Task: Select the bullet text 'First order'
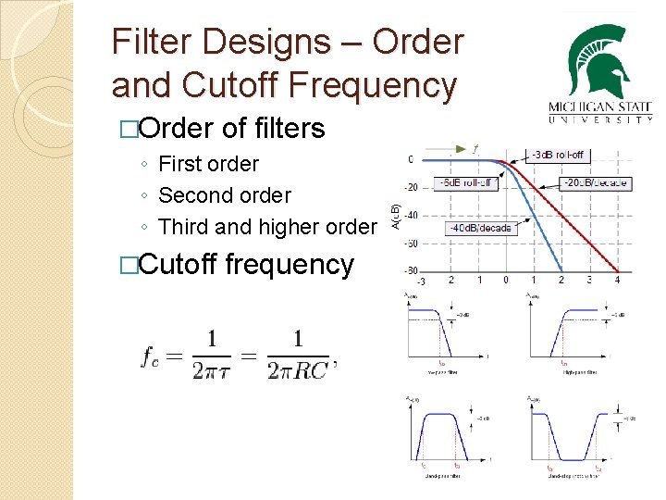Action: click(208, 165)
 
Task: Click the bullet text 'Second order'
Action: click(224, 195)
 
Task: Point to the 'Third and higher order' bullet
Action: click(267, 227)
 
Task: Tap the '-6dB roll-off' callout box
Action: click(467, 182)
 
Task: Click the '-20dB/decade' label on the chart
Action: click(598, 182)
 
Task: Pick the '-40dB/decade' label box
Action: click(480, 228)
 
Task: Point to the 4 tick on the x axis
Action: click(617, 279)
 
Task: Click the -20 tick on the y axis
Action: click(411, 187)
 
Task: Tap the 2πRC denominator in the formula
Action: click(297, 370)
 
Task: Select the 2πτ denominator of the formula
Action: click(212, 370)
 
